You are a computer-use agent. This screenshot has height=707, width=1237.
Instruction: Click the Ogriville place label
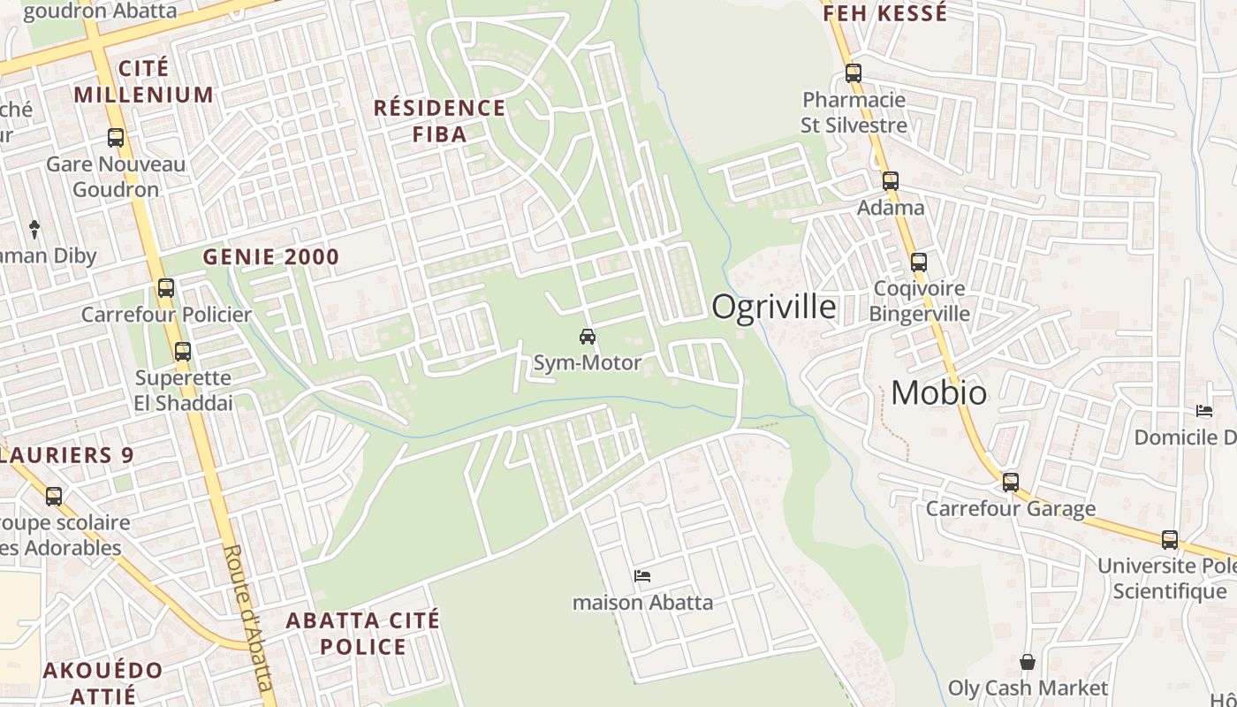[774, 307]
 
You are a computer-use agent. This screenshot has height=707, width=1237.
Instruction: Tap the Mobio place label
[938, 392]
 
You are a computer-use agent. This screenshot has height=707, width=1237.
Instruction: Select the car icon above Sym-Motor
[587, 336]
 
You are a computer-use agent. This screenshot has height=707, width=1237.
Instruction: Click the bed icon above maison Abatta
[642, 576]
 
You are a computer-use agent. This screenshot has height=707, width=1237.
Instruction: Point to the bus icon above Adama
[890, 181]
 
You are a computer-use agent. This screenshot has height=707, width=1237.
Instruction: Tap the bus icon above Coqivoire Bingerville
[919, 262]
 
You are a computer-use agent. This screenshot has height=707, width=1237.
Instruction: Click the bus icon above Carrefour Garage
[1010, 483]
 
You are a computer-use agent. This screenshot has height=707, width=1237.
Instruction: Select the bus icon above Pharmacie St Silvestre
[853, 72]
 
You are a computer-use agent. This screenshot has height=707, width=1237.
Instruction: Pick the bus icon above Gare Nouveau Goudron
[116, 138]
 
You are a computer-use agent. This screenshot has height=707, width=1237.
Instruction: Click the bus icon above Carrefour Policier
[166, 287]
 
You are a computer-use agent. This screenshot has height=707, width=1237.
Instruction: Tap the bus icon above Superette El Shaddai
[183, 351]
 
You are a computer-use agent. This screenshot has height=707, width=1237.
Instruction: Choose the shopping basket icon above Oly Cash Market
[1028, 661]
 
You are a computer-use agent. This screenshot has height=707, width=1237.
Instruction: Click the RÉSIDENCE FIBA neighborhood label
[439, 121]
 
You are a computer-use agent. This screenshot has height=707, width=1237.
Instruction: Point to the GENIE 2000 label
[271, 257]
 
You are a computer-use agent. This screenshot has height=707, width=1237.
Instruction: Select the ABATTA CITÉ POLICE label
[362, 633]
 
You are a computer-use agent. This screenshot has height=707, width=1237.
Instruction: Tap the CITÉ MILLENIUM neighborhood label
[143, 81]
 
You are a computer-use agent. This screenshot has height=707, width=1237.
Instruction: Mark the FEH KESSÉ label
[885, 13]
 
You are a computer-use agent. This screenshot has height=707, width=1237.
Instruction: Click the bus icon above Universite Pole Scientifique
[1170, 539]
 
